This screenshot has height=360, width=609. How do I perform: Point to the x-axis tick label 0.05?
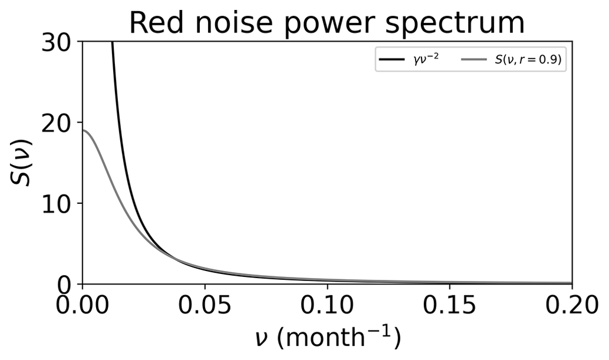click(x=205, y=308)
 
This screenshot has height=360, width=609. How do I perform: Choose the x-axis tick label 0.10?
click(x=327, y=308)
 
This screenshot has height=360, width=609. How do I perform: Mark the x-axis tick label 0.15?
click(x=449, y=308)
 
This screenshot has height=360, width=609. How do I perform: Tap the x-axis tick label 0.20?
click(x=571, y=308)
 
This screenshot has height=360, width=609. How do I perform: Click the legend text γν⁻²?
click(x=425, y=60)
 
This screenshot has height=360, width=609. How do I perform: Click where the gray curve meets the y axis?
click(x=83, y=130)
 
